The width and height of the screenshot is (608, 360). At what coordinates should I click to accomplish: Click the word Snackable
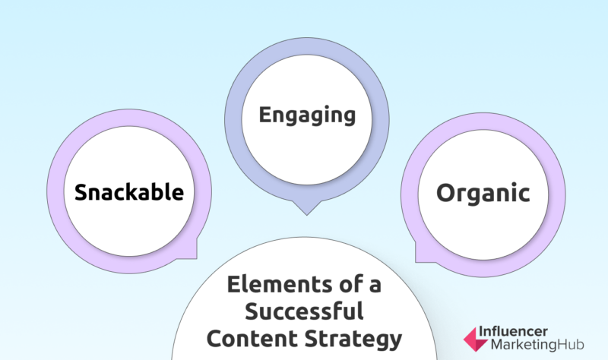pyautogui.click(x=129, y=192)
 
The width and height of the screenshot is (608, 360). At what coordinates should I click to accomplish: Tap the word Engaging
pyautogui.click(x=307, y=115)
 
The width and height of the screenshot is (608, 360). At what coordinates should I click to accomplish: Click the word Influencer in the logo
pyautogui.click(x=514, y=332)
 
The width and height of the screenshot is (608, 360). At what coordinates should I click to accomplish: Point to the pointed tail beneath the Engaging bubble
pyautogui.click(x=307, y=206)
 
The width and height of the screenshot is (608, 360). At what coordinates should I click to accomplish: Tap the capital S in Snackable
pyautogui.click(x=82, y=192)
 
